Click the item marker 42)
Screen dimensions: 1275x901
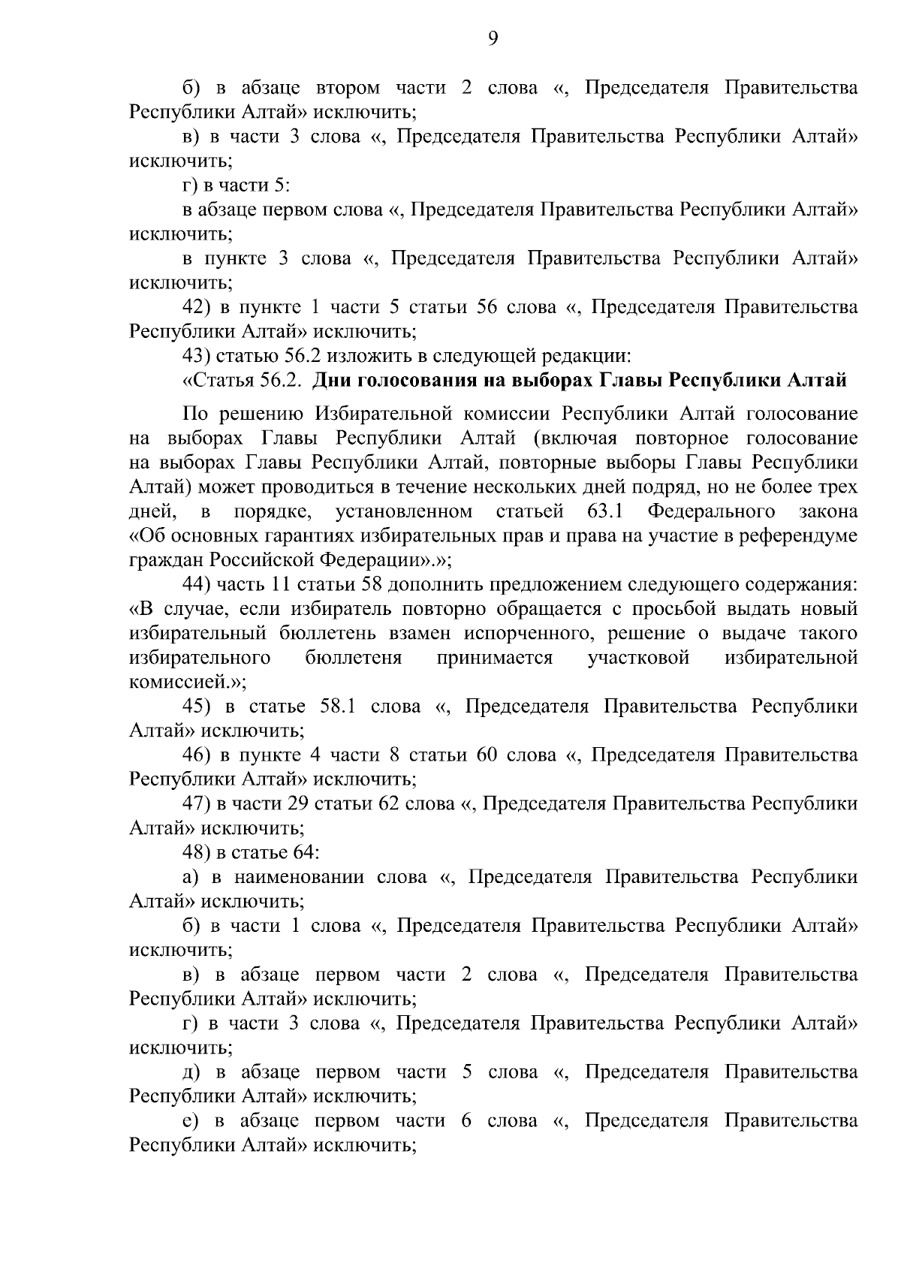tap(201, 308)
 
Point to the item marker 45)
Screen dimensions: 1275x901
tap(201, 707)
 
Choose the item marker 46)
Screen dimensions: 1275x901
tap(201, 755)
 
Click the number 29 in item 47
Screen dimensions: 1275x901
tap(297, 803)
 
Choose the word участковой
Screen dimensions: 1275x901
tap(638, 658)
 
